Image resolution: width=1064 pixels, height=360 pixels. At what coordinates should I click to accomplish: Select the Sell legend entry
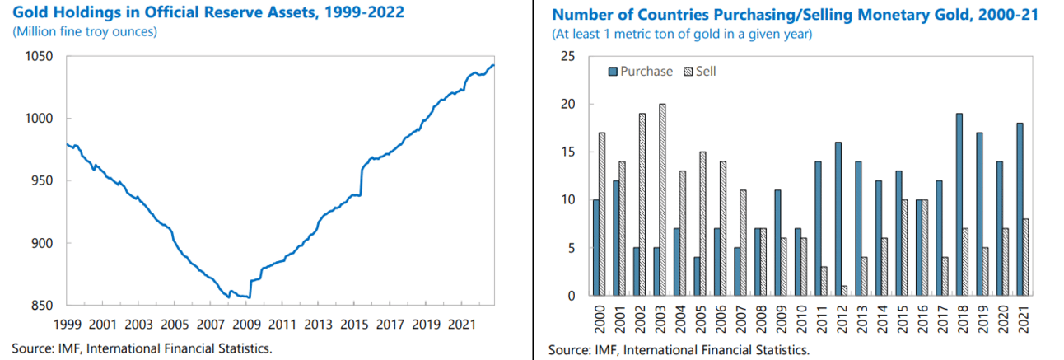(700, 72)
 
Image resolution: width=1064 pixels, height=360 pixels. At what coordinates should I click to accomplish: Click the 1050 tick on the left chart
(39, 56)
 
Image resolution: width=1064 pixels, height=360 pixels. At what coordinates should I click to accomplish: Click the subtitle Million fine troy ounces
(85, 32)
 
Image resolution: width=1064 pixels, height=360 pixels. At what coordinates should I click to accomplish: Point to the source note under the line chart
(142, 348)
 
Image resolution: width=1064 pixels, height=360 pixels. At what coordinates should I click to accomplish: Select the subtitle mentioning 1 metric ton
(682, 34)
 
